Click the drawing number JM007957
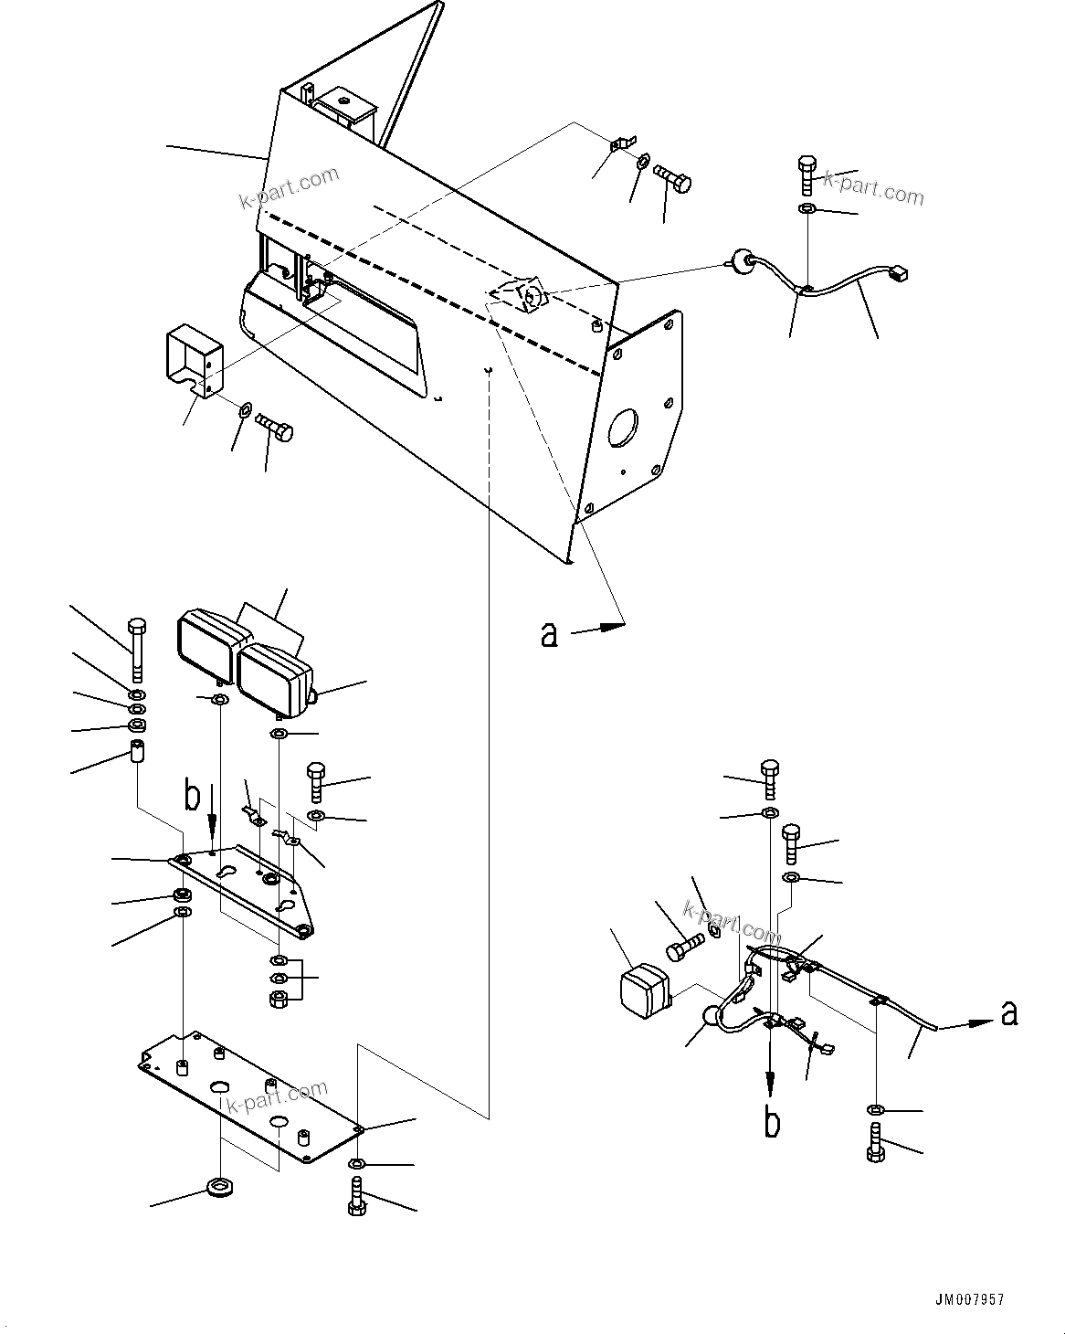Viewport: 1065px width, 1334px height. coord(970,1297)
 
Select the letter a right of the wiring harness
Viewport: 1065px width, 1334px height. coord(1008,1012)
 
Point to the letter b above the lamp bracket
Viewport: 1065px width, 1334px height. coord(192,797)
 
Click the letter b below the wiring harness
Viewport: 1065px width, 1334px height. coord(773,1122)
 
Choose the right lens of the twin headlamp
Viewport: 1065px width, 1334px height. coord(267,681)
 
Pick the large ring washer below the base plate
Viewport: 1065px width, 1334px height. coord(219,1189)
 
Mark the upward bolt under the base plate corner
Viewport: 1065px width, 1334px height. coord(357,1197)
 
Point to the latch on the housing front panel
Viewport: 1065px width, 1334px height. coord(530,294)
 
